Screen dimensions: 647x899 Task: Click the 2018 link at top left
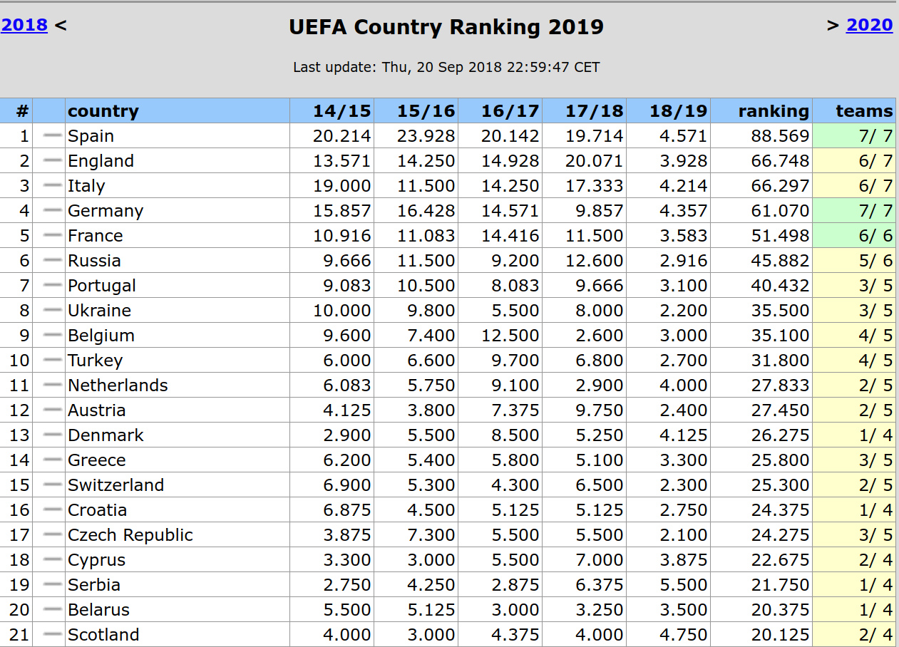[x=24, y=26]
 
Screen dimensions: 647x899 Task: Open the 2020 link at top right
[x=869, y=26]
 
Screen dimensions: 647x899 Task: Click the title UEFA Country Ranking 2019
[x=446, y=27]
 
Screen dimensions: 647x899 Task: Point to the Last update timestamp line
[x=446, y=68]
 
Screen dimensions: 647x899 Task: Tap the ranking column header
[x=773, y=111]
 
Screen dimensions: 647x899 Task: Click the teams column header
[x=863, y=111]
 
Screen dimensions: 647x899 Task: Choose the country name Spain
[x=91, y=136]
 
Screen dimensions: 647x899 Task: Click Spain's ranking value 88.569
[x=780, y=136]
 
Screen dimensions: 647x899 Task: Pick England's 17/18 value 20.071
[x=594, y=161]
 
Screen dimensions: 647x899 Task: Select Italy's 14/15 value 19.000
[x=341, y=186]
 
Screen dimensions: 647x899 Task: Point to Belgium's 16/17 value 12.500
[x=510, y=336]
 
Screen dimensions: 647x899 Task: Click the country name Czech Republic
[x=130, y=535]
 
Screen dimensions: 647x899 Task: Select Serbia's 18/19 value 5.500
[x=678, y=585]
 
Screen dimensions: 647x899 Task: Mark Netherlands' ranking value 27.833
[x=780, y=385]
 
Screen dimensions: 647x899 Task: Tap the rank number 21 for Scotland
[x=20, y=635]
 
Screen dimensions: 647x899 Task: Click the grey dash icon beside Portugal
[x=52, y=286]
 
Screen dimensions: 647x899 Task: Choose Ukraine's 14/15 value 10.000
[x=341, y=311]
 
